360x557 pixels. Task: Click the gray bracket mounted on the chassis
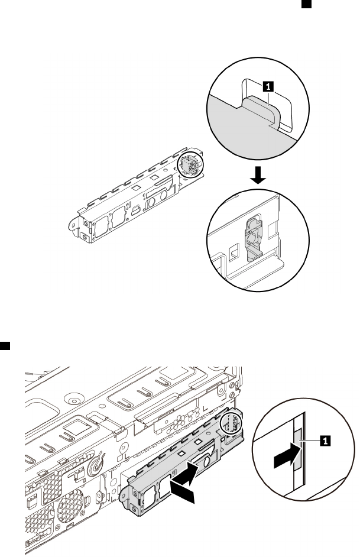pos(177,467)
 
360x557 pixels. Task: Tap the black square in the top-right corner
pos(307,4)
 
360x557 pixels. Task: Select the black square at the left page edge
pos(3,344)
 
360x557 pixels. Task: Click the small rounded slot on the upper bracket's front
pos(136,209)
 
